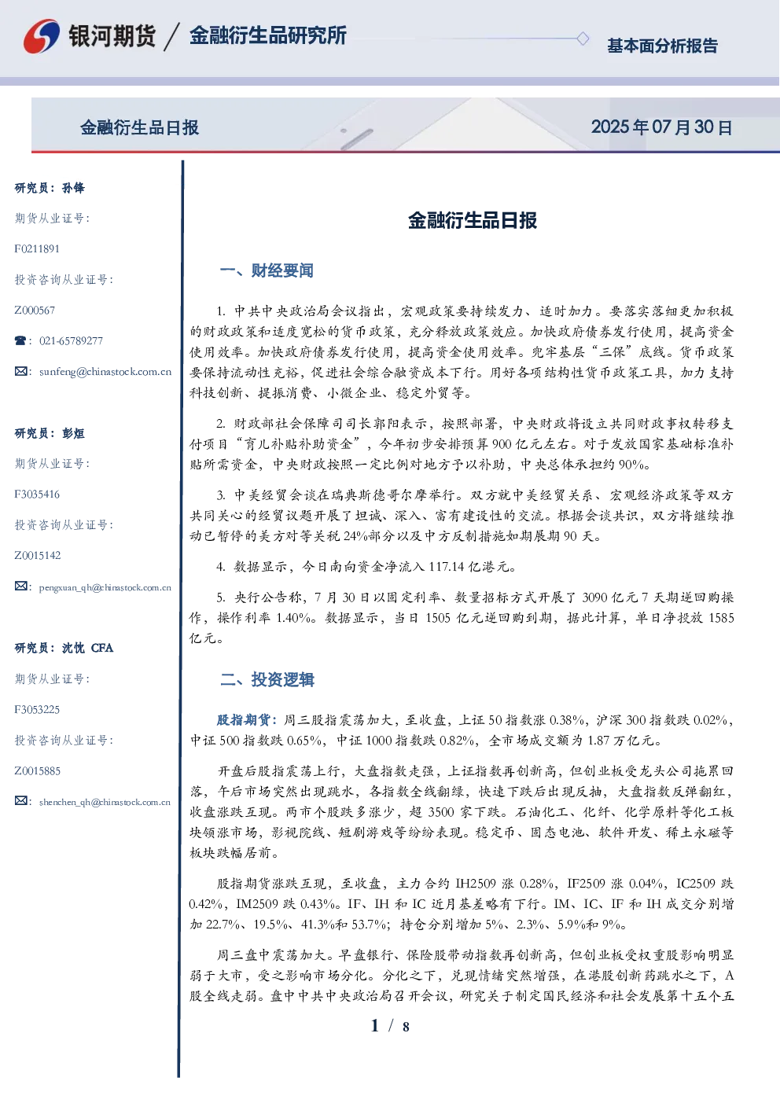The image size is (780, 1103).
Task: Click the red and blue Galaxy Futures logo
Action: [x=42, y=36]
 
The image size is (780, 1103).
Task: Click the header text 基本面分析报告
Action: [x=662, y=46]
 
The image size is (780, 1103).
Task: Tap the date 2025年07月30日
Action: [x=661, y=127]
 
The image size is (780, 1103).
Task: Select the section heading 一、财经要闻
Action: [x=267, y=270]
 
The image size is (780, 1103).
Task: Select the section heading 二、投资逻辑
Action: [x=267, y=679]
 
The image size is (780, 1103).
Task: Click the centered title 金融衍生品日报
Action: [x=473, y=220]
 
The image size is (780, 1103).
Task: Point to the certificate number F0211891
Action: [x=37, y=248]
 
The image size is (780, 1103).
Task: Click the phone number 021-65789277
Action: [x=71, y=340]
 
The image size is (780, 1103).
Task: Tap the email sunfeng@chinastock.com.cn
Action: [x=105, y=372]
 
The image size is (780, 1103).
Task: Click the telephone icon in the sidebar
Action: [x=20, y=340]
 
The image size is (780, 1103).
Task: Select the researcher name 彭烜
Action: [x=73, y=433]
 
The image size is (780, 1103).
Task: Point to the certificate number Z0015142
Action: [x=38, y=556]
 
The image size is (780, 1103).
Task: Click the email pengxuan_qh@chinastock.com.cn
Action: [x=105, y=587]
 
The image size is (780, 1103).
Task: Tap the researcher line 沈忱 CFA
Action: [x=87, y=648]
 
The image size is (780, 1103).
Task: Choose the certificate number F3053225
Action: [x=37, y=710]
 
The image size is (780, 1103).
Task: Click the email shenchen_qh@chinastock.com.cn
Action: [x=105, y=802]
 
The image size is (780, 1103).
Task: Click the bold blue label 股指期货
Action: [x=243, y=720]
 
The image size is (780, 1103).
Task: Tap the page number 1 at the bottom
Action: [x=375, y=1026]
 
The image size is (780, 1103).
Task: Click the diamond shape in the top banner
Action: [x=583, y=39]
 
